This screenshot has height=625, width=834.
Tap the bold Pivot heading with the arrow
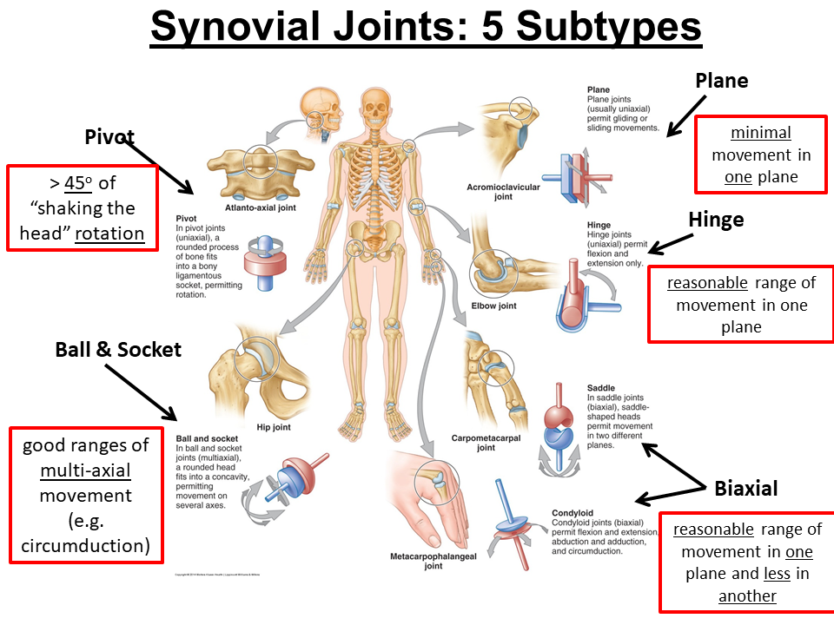coord(110,136)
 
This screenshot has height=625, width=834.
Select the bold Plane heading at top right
coord(722,81)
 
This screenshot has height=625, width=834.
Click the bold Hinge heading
coord(716,219)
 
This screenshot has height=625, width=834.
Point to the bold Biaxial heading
coord(746,487)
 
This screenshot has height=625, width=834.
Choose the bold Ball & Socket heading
coord(118,350)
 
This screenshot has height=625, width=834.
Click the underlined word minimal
coord(761,133)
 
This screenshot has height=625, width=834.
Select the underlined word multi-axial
coord(85,471)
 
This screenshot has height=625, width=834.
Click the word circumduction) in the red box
coord(86,546)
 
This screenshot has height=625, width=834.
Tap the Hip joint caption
coord(274,426)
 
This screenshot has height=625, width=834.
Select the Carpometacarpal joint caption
coord(486,443)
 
